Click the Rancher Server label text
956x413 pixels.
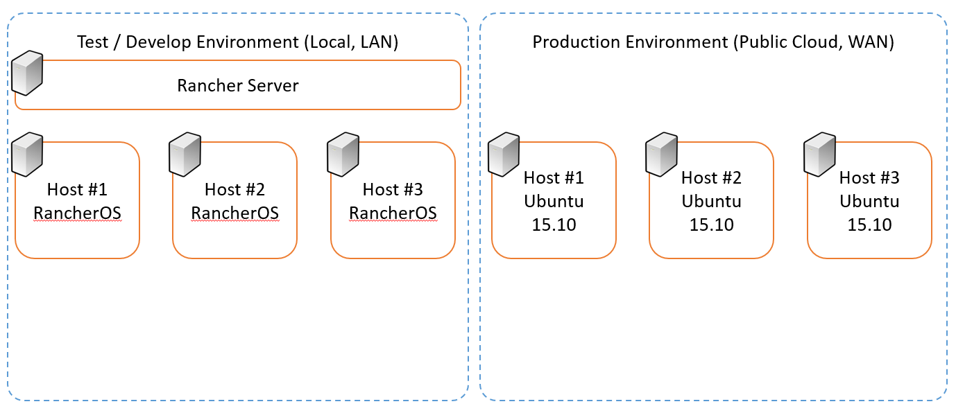pyautogui.click(x=238, y=85)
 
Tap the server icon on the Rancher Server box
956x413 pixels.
pyautogui.click(x=27, y=73)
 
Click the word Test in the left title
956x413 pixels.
pyautogui.click(x=93, y=42)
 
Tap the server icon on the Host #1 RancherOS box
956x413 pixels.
pyautogui.click(x=27, y=154)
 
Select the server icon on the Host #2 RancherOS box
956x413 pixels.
pyautogui.click(x=185, y=154)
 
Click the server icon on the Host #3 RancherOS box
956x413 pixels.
pyautogui.click(x=343, y=154)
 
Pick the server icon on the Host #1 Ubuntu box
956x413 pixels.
pyautogui.click(x=504, y=154)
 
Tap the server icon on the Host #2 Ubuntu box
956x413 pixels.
pyautogui.click(x=661, y=154)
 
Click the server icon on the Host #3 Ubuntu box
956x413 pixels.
pyautogui.click(x=819, y=154)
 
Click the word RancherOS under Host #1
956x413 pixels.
pyautogui.click(x=77, y=213)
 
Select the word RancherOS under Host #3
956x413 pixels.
pyautogui.click(x=393, y=213)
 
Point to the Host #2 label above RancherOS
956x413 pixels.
pyautogui.click(x=234, y=189)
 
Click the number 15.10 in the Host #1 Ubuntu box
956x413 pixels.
pyautogui.click(x=554, y=225)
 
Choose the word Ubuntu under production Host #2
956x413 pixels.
pyautogui.click(x=711, y=201)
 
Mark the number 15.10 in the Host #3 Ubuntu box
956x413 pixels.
pyautogui.click(x=869, y=225)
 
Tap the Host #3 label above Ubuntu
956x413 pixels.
pyautogui.click(x=869, y=177)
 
